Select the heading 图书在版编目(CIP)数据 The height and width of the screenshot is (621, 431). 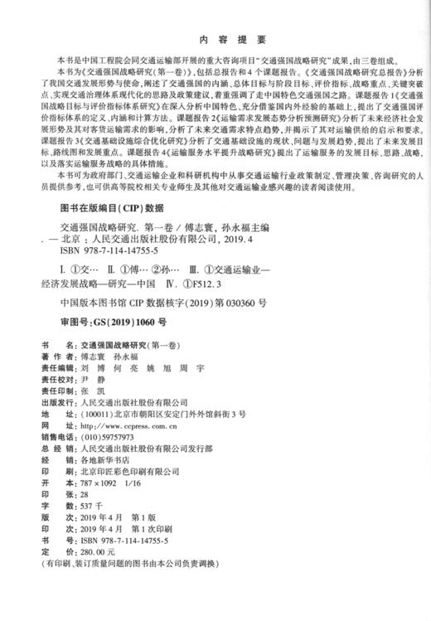pyautogui.click(x=108, y=209)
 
